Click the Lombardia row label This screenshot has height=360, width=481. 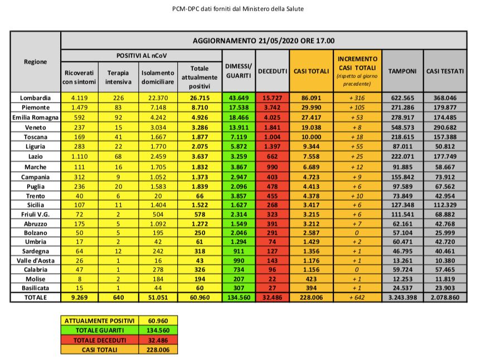coord(36,97)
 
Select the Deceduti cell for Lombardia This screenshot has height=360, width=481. coord(272,97)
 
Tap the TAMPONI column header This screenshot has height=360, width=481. coord(403,71)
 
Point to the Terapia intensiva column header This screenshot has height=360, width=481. coord(118,77)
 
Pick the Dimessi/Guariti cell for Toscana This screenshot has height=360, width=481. coord(239,137)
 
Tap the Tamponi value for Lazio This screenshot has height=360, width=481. coord(403,157)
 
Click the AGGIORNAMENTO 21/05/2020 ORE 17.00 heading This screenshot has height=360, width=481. coord(264,41)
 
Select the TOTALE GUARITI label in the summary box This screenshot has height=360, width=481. coord(99,330)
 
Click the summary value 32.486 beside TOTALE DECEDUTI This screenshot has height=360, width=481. coord(159,340)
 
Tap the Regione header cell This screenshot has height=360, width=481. coord(36,62)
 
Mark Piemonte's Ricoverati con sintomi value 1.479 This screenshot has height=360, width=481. coord(79,107)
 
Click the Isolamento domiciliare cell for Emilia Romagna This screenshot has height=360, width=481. coord(157,116)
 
